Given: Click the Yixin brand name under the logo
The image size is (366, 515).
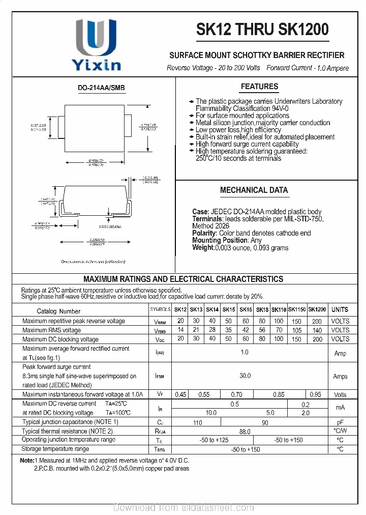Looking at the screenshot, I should (96, 65).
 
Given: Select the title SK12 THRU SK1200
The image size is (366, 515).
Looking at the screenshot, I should (262, 30).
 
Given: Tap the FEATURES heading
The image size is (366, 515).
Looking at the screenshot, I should (259, 87).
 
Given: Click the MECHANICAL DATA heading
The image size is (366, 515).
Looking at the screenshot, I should (254, 190).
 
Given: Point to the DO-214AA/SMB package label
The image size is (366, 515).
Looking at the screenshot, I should (101, 88).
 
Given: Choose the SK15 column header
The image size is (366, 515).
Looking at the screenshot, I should (229, 310).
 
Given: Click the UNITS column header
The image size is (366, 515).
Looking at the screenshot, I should (340, 309).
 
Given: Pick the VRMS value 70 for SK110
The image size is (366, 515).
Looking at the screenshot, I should (279, 330).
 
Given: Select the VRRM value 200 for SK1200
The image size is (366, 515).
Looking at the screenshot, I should (317, 322).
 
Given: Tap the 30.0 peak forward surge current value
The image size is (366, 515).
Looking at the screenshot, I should (245, 376).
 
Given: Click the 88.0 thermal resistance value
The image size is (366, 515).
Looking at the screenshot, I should (245, 432).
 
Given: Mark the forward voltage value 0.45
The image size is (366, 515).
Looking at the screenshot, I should (180, 395).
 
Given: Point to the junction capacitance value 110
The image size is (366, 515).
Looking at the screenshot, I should (198, 423).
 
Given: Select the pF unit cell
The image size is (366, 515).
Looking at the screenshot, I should (340, 422).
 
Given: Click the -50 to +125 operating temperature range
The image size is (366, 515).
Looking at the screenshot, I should (214, 440).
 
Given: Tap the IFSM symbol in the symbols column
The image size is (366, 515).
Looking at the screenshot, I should (159, 377).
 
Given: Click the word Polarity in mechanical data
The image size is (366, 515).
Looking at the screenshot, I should (204, 233).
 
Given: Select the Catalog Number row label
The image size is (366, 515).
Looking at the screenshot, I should (58, 311).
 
